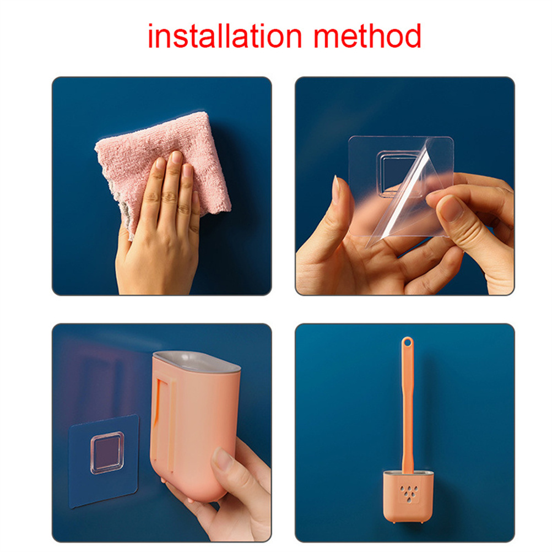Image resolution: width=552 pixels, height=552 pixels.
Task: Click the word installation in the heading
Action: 224,36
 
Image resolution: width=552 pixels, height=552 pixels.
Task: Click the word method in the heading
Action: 367,36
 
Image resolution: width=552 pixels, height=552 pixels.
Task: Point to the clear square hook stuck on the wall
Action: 107,453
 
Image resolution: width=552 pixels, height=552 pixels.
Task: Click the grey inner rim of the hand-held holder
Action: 198,361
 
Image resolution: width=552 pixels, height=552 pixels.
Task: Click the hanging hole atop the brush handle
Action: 407,342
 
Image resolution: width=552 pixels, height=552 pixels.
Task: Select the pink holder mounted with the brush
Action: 408,496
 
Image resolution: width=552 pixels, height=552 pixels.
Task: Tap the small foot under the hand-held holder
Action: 163,480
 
